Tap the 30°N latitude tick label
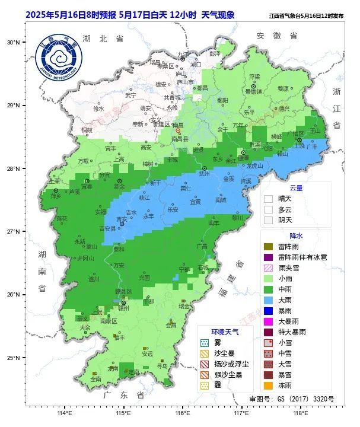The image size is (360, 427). pyautogui.click(x=14, y=42)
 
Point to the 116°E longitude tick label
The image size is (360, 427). pyautogui.click(x=182, y=413)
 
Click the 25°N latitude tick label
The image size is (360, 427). pyautogui.click(x=14, y=358)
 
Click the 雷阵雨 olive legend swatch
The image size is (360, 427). pyautogui.click(x=268, y=247)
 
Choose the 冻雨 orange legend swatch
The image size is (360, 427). pyautogui.click(x=268, y=385)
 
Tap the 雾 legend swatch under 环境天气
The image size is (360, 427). pyautogui.click(x=204, y=343)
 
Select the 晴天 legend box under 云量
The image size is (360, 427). pyautogui.click(x=268, y=199)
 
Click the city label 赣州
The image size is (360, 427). pyautogui.click(x=123, y=308)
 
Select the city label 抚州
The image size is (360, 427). pyautogui.click(x=205, y=174)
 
